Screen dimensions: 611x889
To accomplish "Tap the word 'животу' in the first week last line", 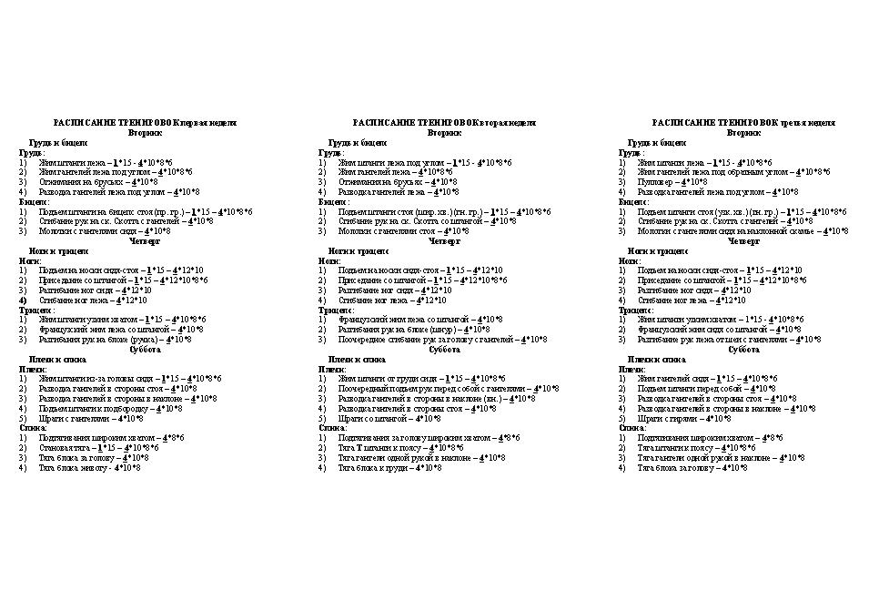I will [96, 467].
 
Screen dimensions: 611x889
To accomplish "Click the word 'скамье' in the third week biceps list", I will [801, 230].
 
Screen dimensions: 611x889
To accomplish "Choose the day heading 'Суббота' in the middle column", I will [444, 349].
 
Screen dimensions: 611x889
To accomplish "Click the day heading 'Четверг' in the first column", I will [146, 240].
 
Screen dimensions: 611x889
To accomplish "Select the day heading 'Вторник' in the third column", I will [743, 132].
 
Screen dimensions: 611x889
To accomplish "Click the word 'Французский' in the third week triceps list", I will [661, 329].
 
